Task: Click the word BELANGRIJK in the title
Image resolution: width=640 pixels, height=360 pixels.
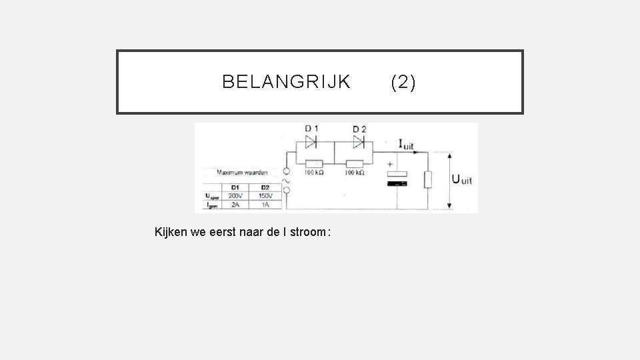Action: pos(286,82)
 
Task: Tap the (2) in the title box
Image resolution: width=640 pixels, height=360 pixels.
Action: pos(403,82)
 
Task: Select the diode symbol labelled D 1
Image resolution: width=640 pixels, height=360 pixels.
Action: pos(311,142)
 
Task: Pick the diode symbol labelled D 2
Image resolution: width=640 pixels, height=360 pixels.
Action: pos(359,142)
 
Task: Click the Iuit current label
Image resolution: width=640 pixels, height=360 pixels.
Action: pos(405,144)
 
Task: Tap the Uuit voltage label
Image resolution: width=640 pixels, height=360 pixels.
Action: pos(462,179)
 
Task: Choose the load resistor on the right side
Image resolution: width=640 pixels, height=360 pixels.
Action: pos(429,179)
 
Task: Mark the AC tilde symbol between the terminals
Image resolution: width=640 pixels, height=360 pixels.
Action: pos(287,181)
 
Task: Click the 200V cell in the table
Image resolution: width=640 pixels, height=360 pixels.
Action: pos(235,196)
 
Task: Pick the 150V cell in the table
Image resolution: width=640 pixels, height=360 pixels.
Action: pos(265,196)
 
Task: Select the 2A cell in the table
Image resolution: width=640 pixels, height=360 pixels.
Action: pos(235,205)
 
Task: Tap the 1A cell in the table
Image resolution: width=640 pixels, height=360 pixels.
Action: pos(265,205)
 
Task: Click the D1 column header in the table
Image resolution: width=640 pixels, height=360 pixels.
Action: pos(235,187)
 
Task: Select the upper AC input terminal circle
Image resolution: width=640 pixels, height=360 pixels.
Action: pos(287,171)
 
